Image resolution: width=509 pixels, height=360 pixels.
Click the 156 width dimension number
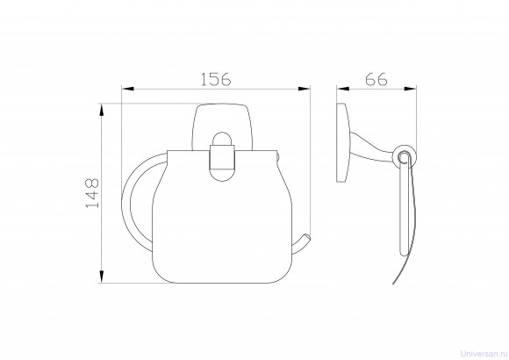tap(216, 79)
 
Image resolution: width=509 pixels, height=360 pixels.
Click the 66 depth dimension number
tap(376, 79)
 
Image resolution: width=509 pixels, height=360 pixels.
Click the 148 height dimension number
tap(92, 193)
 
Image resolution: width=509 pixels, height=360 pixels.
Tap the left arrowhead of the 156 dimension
tap(127, 89)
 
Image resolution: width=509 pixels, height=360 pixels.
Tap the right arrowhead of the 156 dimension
tap(305, 89)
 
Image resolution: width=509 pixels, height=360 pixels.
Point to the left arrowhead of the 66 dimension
tap(343, 89)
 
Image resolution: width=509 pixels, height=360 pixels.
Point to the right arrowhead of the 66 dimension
tap(411, 89)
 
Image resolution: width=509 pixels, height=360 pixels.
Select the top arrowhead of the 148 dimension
tap(102, 110)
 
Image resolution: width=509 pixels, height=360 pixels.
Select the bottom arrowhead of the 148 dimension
tap(102, 277)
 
